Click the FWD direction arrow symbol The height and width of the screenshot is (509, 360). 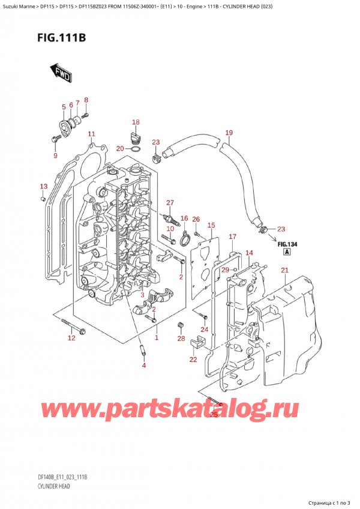click(x=61, y=73)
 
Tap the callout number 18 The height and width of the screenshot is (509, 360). click(x=136, y=122)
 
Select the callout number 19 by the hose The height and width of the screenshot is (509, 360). click(x=228, y=133)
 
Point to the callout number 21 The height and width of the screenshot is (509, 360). click(x=284, y=271)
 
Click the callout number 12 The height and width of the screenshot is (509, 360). click(x=72, y=340)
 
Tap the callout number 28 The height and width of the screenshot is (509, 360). click(x=181, y=340)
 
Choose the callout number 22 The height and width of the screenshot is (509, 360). click(x=193, y=360)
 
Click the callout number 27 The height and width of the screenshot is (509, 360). click(x=170, y=202)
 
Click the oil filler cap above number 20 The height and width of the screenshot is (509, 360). click(x=136, y=134)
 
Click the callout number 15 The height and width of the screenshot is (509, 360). click(x=211, y=225)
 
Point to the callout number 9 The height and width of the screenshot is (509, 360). click(x=55, y=156)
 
